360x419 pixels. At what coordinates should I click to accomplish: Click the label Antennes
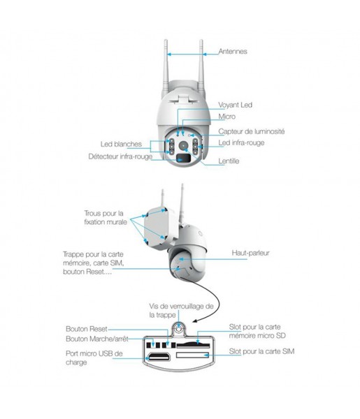click(x=233, y=51)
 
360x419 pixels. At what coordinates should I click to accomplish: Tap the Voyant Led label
click(x=235, y=105)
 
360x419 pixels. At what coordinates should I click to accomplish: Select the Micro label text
click(x=226, y=117)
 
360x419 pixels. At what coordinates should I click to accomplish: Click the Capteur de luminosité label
click(x=252, y=131)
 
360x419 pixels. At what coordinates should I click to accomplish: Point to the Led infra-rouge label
click(x=241, y=142)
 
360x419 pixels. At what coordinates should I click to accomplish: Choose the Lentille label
click(x=229, y=161)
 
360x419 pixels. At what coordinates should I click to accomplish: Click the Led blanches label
click(x=121, y=144)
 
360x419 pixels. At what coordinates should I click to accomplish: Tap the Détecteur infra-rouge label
click(x=120, y=156)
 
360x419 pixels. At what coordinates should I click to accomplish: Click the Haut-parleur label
click(x=250, y=253)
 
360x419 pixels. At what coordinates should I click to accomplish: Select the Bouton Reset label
click(x=87, y=329)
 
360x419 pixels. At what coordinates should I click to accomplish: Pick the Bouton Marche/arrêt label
click(x=97, y=339)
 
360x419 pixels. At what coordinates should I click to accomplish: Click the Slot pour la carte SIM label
click(x=261, y=351)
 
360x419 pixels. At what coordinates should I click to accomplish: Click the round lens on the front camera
click(x=183, y=146)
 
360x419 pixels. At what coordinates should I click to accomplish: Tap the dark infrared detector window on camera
click(x=183, y=158)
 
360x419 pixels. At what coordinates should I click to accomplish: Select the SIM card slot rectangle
click(x=192, y=355)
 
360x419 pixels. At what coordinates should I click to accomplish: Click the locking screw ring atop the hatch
click(x=179, y=328)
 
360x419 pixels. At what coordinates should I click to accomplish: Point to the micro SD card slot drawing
click(x=193, y=345)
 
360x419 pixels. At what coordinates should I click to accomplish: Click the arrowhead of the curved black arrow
click(x=196, y=321)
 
